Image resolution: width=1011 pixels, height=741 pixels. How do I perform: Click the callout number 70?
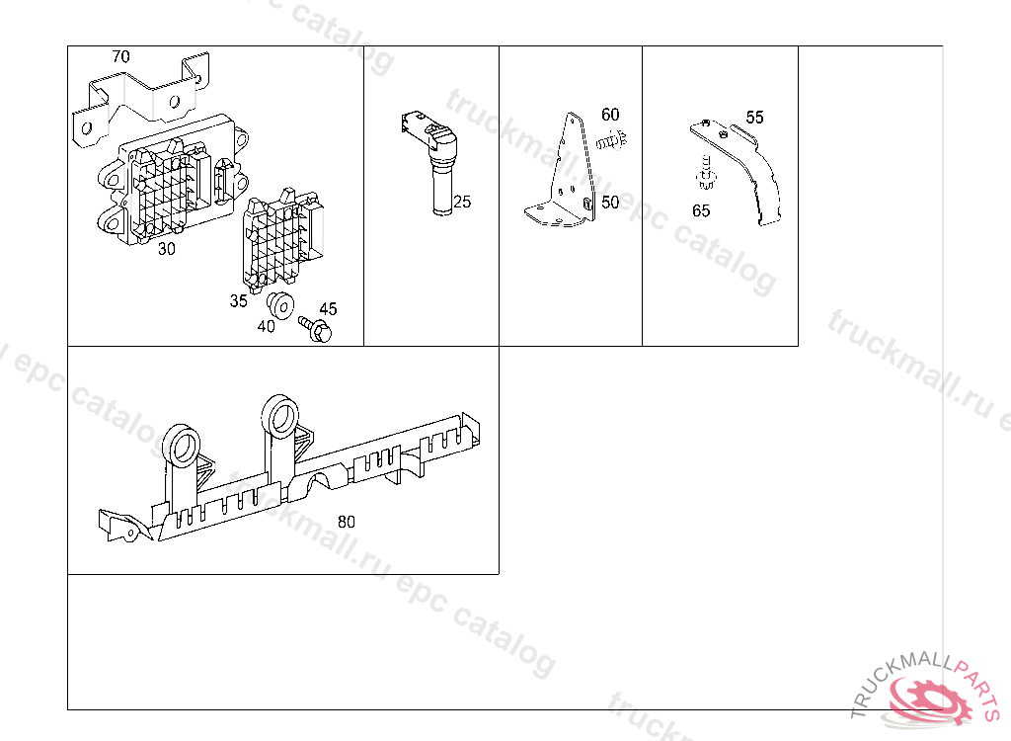point(120,56)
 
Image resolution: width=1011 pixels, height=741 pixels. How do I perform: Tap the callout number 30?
point(166,249)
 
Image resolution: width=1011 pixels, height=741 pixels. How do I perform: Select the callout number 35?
point(239,300)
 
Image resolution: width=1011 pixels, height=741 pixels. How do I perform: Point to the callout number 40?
point(267,327)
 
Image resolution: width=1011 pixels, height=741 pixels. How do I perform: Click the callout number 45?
point(328,309)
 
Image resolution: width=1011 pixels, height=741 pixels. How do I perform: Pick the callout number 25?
point(462,202)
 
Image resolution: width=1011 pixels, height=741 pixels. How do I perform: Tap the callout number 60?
point(610,115)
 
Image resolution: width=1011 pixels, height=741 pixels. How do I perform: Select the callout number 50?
point(610,203)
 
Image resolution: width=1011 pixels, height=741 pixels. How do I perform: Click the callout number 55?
point(754,118)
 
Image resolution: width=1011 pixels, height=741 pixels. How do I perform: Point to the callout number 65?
point(701,211)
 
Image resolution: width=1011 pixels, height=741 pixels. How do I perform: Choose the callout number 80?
point(347,522)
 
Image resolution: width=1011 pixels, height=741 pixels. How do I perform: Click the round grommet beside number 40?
point(281,305)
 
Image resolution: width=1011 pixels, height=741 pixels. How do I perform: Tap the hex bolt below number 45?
point(315,329)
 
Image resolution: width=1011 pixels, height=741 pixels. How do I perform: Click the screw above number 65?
point(706,173)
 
